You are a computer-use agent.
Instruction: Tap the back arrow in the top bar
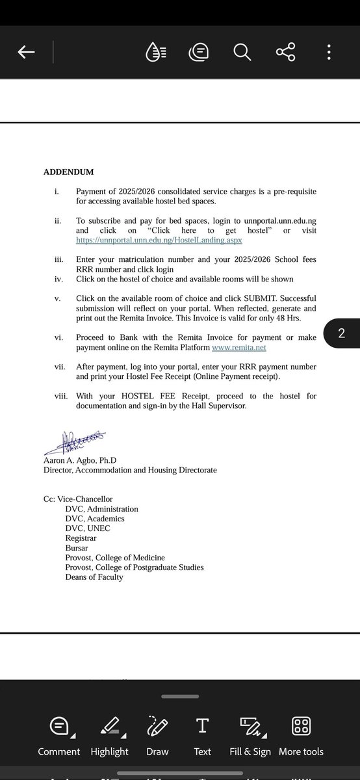click(x=26, y=53)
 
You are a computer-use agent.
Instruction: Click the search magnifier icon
click(x=242, y=53)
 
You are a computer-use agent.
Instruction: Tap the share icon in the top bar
click(x=285, y=53)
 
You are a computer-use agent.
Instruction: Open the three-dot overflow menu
click(x=329, y=53)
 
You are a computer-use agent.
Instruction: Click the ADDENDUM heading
click(x=68, y=172)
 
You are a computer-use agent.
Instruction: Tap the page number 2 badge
click(x=341, y=334)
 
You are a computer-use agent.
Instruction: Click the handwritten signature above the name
click(x=74, y=443)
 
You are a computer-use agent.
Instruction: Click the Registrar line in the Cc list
click(x=81, y=538)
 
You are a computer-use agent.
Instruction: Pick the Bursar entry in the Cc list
click(x=77, y=548)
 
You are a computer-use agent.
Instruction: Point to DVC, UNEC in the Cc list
click(x=88, y=528)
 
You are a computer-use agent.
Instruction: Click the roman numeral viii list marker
click(x=62, y=396)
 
